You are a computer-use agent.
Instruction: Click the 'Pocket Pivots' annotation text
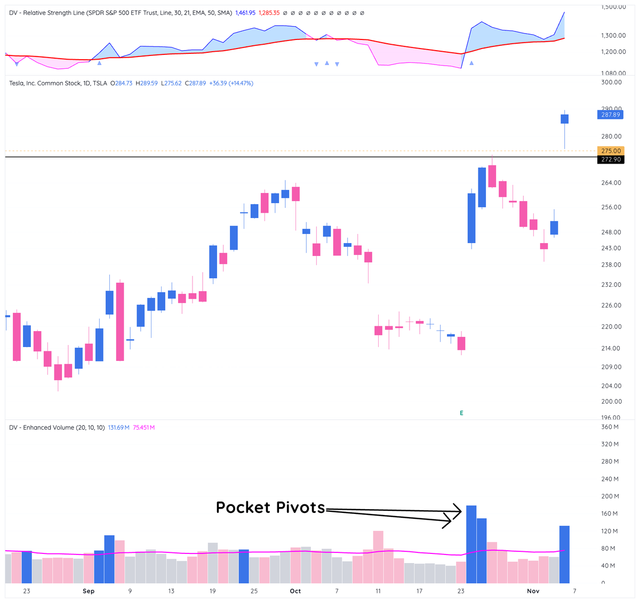coord(270,507)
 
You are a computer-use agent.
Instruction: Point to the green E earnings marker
coord(461,413)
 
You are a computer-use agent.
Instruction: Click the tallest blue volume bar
coord(471,544)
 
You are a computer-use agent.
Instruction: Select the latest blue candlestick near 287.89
coord(564,119)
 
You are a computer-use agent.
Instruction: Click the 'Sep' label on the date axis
coord(89,591)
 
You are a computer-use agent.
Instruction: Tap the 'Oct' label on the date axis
coord(295,591)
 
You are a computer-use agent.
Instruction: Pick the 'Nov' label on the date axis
coord(533,591)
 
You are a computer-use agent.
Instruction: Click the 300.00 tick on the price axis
coord(611,82)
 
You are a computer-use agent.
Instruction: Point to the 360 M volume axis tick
coord(610,427)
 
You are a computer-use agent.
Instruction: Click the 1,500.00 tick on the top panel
coord(613,7)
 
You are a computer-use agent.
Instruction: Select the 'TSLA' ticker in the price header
coord(100,83)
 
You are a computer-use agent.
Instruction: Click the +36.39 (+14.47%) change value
coord(231,83)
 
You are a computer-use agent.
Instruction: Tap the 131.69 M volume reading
coord(119,428)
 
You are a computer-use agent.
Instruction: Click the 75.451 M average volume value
coord(143,428)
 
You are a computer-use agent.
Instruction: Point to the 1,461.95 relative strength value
coord(246,13)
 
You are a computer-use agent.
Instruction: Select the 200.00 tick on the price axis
coord(611,401)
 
